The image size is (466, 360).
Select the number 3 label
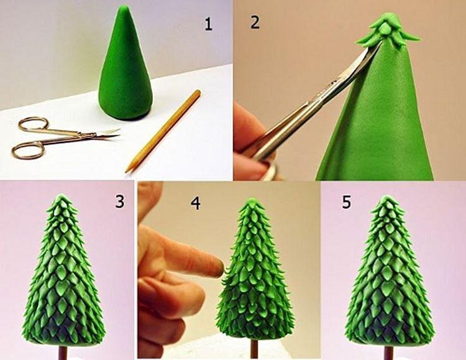tap(119, 201)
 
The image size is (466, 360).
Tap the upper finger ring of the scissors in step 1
tap(32, 124)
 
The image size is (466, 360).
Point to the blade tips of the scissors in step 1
tap(117, 131)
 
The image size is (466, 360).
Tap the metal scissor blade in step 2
tap(323, 99)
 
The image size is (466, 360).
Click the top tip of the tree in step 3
tap(60, 197)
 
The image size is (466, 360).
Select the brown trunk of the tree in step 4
tap(254, 349)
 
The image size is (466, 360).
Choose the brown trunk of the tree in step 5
tap(388, 352)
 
